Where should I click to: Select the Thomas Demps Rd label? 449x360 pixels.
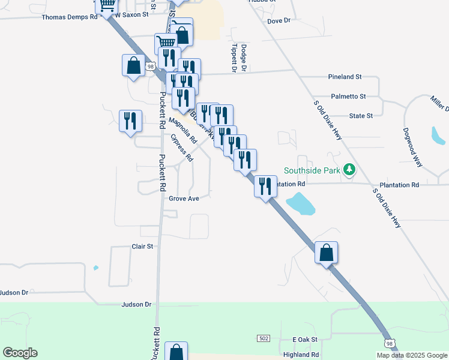pos(70,17)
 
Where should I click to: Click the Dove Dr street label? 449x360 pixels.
pos(279,20)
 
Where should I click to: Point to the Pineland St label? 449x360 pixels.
pos(345,77)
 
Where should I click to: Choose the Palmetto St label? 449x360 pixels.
pos(348,96)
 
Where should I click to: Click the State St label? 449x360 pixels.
pos(361,115)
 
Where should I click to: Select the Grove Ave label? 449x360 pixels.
pos(184,198)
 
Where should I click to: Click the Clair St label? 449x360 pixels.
pos(142,247)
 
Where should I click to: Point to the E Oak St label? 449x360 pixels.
pos(304,340)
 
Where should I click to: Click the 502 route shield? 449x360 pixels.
pos(264,339)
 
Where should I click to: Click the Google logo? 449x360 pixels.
pos(20,353)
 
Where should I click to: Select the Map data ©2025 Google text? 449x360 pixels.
pos(412,355)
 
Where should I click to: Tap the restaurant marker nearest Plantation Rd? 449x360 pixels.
pos(265,185)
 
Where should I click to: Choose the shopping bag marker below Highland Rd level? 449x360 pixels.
pos(176,351)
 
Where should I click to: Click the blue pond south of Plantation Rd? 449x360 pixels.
pos(301,203)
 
